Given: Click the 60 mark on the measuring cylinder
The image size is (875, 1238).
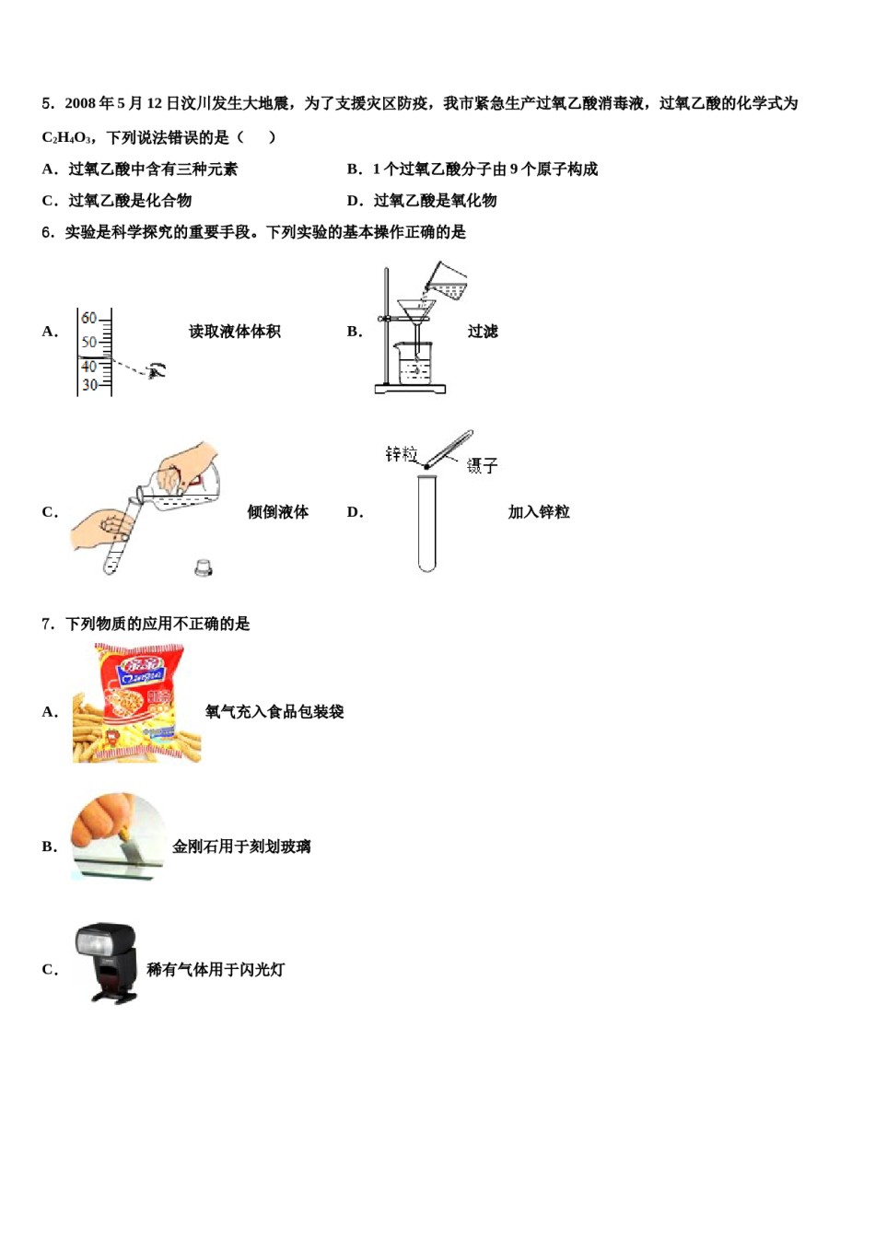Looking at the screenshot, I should pos(89,318).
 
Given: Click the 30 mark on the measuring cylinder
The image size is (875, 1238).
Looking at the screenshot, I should pos(89,385).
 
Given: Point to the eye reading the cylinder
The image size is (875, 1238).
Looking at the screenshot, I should pos(157,370).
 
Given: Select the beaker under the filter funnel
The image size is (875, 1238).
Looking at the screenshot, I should pos(414,364).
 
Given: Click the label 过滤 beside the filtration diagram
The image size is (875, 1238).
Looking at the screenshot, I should pos(483,332).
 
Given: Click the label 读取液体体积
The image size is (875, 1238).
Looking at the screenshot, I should pos(235,332).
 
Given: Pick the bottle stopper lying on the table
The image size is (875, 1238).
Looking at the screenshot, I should pos(204,567).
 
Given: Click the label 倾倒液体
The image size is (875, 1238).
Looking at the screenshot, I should pos(278,512).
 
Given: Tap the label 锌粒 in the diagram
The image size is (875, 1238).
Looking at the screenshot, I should pos(402,454).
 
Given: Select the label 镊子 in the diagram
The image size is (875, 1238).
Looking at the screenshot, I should pos(482,466).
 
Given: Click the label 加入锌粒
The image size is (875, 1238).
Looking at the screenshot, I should pos(539,512).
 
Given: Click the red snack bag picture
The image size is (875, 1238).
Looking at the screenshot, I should pos(137,702).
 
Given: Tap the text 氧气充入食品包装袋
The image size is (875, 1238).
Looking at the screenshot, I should pos(274,711).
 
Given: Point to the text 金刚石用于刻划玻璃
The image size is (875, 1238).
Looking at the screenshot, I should pos(241,847).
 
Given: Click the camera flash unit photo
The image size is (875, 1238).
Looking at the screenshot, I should pos(107,962).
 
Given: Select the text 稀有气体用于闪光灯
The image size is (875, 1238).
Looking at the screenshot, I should pos(216,969).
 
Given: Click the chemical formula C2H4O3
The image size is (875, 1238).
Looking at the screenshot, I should pos(66,138).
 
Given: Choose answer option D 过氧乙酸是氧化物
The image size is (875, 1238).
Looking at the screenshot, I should pos(435,201).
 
